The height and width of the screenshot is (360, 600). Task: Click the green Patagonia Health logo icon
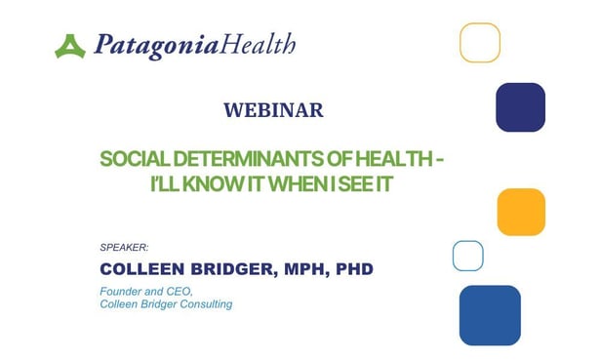coord(70,46)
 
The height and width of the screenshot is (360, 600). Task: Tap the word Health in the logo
coord(259,45)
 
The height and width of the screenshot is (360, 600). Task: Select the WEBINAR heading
coord(273,110)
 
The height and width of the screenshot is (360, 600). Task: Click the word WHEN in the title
coord(298,185)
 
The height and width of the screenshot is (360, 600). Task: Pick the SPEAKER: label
coord(125,248)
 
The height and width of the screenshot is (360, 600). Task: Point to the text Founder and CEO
coord(142,291)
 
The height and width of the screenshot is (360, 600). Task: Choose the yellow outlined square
coord(480,42)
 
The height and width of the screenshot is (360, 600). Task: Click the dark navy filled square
coord(520,107)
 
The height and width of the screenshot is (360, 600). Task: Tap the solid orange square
coord(521,212)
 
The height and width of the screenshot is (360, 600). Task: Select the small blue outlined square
coord(468,255)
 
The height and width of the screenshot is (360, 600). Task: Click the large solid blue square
coord(490,315)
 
